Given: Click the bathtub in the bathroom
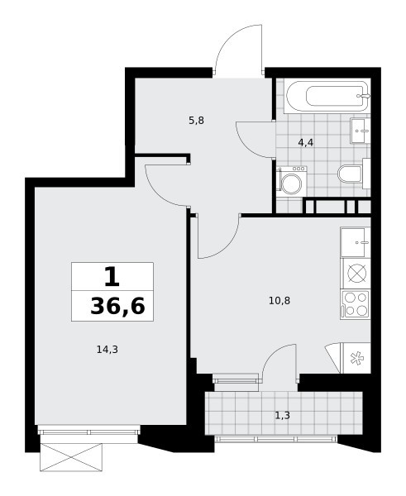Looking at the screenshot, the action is pos(327,96).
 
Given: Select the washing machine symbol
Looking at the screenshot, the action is pos(291,180).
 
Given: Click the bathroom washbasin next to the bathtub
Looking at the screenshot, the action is pos(361,131).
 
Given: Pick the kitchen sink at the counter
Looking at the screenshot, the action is pos(356,242).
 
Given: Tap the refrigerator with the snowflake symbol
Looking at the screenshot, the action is pos(356,358).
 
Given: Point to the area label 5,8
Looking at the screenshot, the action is pos(196,121).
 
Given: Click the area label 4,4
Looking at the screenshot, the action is pos(306,143).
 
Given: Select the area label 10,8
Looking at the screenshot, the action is pos(279,300).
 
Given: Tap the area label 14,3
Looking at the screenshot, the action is pos(107,350).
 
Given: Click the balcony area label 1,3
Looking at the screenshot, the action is pos(283,415).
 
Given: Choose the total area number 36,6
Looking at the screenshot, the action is pos(117,306).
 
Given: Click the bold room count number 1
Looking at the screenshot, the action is pos(112,276).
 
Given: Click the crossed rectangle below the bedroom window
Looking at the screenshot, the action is pos(71,457).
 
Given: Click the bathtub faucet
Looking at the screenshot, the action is pos(364,96).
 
